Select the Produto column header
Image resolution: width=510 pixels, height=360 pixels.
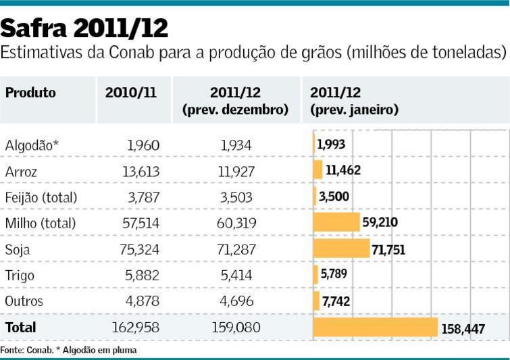click(x=30, y=93)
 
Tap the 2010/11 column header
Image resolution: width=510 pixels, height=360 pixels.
click(x=130, y=93)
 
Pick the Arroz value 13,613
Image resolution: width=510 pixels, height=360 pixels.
click(x=141, y=171)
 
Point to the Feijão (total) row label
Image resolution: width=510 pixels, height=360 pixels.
click(x=41, y=197)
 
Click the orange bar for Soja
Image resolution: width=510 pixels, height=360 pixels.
click(x=342, y=249)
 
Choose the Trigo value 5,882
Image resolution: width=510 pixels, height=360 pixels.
click(x=143, y=275)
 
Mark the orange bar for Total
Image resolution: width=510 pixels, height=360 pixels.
click(x=376, y=328)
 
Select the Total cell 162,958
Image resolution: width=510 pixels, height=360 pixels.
click(x=136, y=328)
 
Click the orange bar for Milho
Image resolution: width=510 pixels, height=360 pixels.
click(x=336, y=223)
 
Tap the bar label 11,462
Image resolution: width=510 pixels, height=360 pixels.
click(x=342, y=170)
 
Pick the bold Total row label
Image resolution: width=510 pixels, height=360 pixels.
click(x=20, y=328)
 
